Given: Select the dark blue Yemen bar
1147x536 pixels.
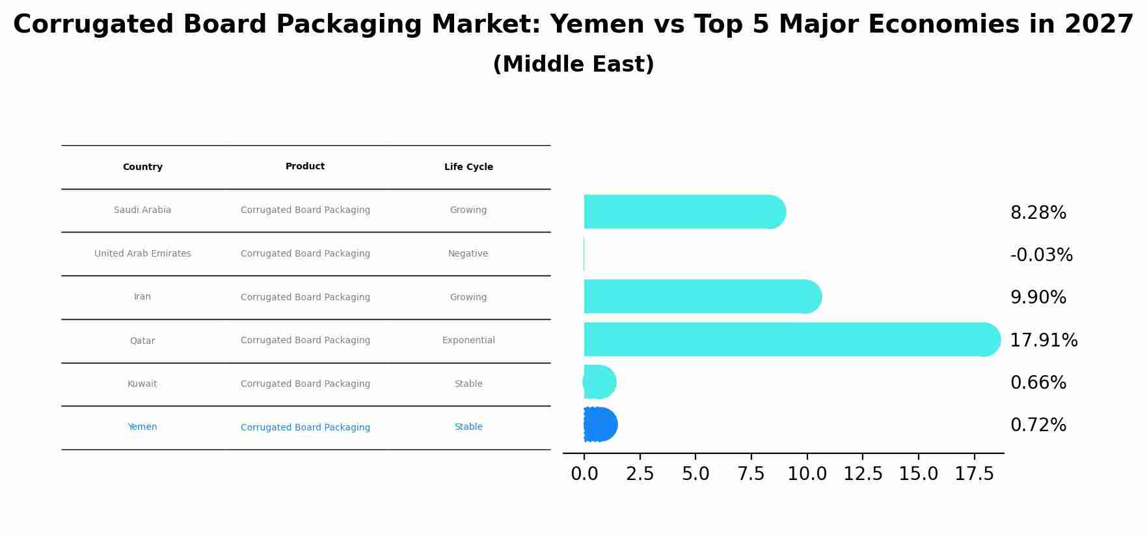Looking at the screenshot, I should click(x=600, y=425).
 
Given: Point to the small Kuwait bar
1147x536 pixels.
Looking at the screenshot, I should click(x=599, y=382).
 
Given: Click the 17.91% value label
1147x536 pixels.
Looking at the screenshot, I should click(x=1044, y=341).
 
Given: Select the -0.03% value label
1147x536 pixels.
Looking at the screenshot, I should click(x=1041, y=255).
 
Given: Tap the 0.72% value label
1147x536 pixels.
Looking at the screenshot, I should click(x=1038, y=425).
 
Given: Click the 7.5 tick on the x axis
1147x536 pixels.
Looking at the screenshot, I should click(x=751, y=474).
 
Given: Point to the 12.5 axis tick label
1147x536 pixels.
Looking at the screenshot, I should click(x=863, y=474).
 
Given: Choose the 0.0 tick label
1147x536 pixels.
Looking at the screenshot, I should click(x=584, y=474).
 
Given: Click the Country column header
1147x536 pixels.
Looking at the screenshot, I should click(x=142, y=167).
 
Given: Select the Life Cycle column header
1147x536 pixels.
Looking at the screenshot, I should click(x=468, y=167).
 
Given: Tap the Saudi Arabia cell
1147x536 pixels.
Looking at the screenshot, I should click(x=142, y=210).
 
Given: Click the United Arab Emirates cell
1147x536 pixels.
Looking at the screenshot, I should click(x=142, y=254).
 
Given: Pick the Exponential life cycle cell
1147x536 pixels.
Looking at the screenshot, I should click(x=468, y=341).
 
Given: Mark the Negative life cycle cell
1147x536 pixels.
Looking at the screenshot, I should click(x=468, y=254).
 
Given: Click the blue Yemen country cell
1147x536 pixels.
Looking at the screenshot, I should click(x=142, y=427).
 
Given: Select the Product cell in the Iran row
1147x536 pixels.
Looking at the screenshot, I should click(x=305, y=298).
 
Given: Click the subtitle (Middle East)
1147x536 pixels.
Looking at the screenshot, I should click(x=573, y=64).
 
